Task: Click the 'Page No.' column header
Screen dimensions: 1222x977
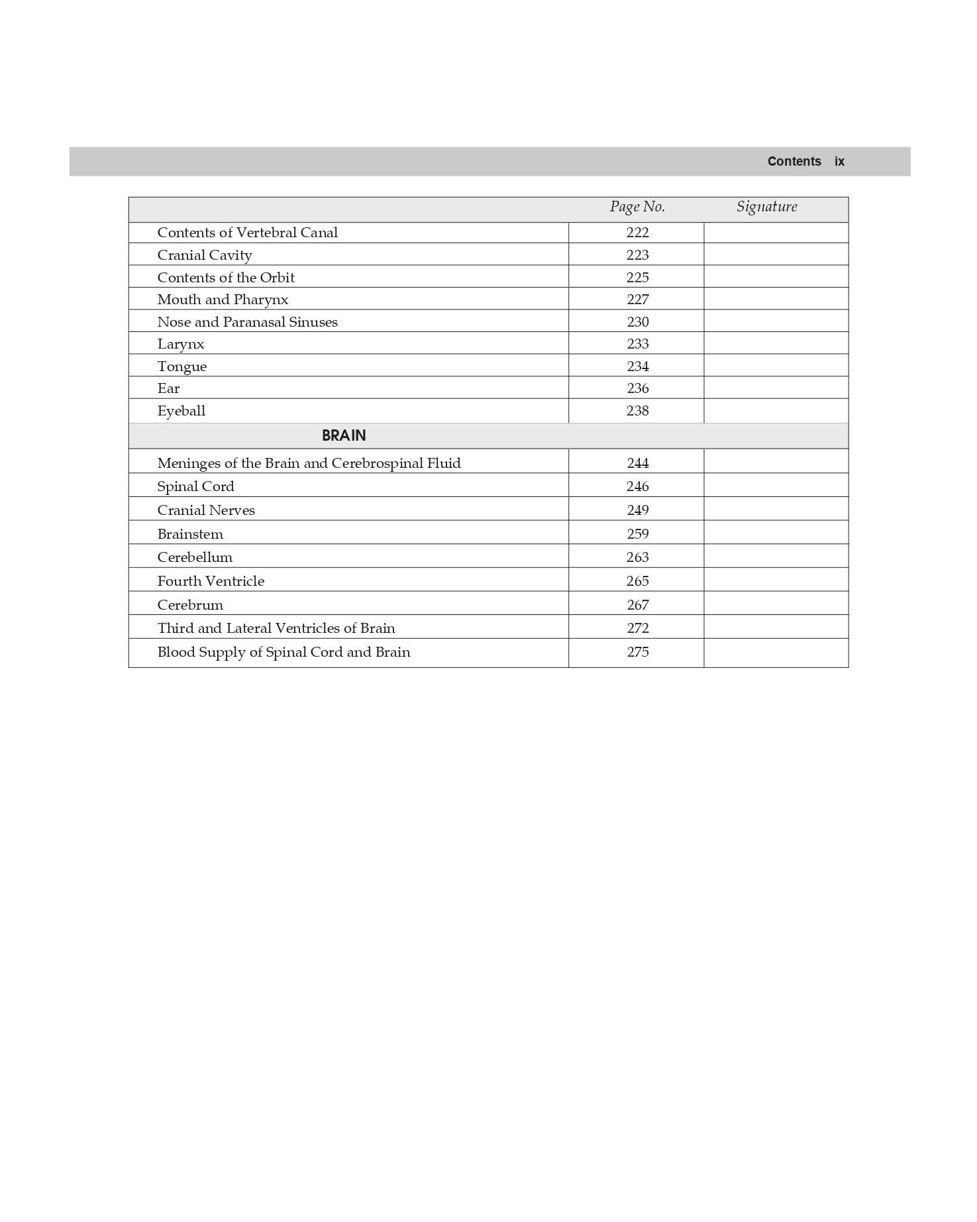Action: click(637, 207)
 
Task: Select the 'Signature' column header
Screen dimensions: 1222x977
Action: click(766, 207)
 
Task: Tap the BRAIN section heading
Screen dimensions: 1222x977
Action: click(344, 435)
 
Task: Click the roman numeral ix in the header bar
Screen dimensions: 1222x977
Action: click(839, 162)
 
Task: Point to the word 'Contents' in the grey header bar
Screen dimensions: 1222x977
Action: click(794, 162)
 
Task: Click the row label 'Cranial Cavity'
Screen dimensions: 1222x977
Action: click(205, 255)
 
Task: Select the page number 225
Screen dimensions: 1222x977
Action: click(637, 278)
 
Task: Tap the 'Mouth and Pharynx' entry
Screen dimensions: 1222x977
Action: click(223, 300)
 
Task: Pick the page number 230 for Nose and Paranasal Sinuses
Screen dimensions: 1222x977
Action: click(637, 322)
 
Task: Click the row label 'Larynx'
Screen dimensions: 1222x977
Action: click(181, 344)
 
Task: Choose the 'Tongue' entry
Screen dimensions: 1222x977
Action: click(182, 366)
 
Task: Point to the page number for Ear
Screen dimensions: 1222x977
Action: click(637, 388)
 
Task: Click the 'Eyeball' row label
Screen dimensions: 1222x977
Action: click(181, 411)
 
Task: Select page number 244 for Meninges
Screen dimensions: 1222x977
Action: click(637, 463)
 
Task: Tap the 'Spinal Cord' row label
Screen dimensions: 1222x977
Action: click(195, 486)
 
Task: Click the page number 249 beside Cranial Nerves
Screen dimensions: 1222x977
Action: click(637, 510)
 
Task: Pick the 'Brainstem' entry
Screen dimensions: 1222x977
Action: click(190, 534)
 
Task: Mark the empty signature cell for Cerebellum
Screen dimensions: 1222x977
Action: click(776, 557)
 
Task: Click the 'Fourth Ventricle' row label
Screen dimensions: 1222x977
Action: click(211, 581)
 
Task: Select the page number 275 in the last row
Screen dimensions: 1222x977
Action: click(637, 652)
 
